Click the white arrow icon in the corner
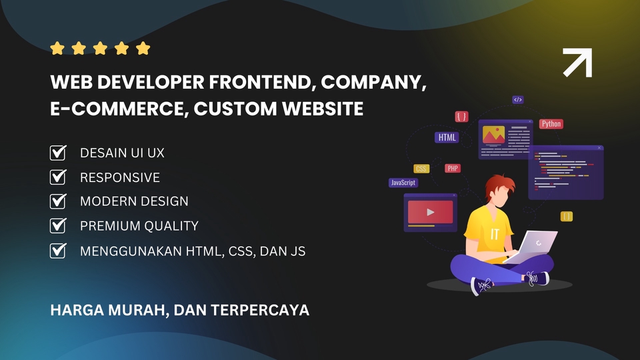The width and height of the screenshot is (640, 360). tap(577, 63)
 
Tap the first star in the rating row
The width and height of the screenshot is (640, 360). tap(57, 48)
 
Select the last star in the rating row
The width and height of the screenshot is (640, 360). tap(143, 48)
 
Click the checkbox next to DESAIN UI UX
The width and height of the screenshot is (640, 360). tap(58, 153)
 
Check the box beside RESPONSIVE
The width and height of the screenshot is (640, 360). tap(58, 177)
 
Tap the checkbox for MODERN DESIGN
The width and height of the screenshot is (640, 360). tap(58, 201)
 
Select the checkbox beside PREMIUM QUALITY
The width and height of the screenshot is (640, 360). tap(58, 225)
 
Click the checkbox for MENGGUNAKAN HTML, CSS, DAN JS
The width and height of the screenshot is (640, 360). tap(58, 251)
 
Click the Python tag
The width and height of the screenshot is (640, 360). tap(551, 123)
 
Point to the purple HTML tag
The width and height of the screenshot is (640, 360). tap(446, 138)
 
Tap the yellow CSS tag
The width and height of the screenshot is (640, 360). tap(421, 169)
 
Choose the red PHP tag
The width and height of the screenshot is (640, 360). tap(453, 169)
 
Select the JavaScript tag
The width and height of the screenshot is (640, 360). tap(403, 182)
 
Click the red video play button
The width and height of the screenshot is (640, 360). tap(430, 212)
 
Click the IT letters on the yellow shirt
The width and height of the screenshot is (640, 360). tap(494, 235)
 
